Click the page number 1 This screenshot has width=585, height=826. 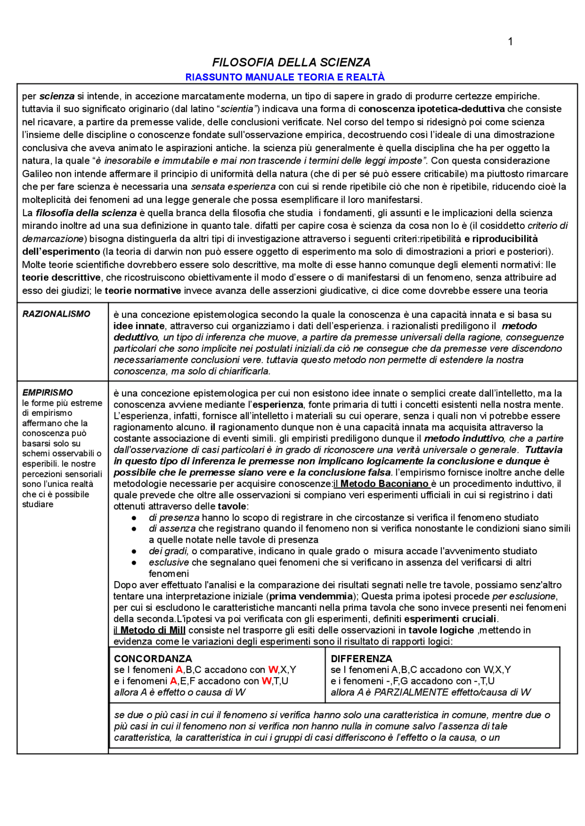tap(510, 42)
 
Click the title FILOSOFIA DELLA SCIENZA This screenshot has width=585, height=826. tap(291, 62)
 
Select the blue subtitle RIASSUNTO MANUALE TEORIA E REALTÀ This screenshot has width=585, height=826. tap(285, 77)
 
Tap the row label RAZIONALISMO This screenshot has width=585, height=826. tap(56, 314)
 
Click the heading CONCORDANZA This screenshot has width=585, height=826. tap(153, 658)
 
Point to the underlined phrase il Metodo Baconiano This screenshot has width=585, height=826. tap(382, 483)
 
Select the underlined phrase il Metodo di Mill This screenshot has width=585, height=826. tap(149, 630)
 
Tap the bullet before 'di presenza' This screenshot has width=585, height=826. tap(134, 518)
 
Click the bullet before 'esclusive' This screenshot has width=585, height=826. tap(134, 562)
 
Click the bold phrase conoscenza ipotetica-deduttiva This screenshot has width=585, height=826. tap(431, 109)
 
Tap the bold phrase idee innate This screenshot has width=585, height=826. tap(139, 326)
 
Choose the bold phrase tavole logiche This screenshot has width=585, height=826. tap(441, 630)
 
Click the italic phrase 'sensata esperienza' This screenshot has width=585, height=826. tap(233, 186)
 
